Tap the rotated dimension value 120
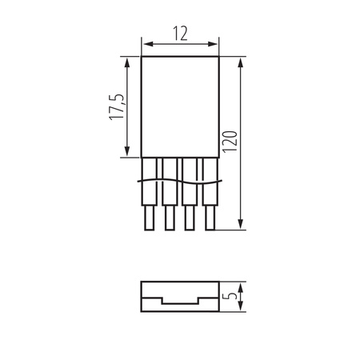[230, 144]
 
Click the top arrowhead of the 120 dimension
[241, 60]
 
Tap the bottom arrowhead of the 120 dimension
[241, 226]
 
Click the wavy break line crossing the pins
[179, 182]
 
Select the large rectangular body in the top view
[180, 106]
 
